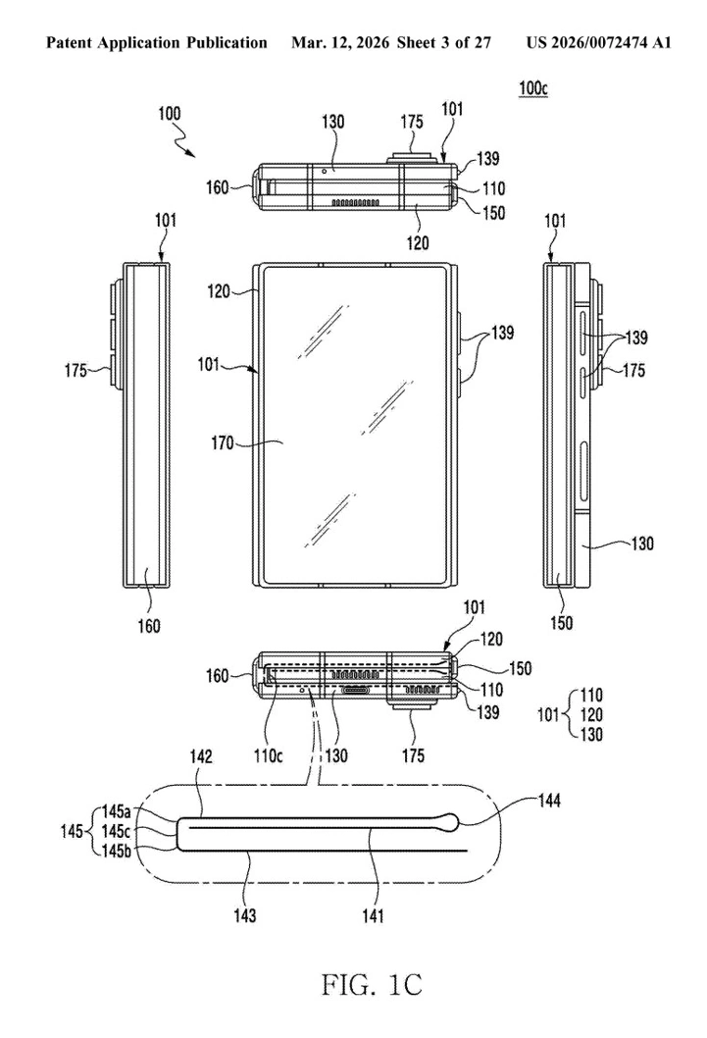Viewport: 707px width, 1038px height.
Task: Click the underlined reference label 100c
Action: [x=534, y=88]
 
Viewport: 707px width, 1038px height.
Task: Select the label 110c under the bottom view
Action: [x=277, y=728]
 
